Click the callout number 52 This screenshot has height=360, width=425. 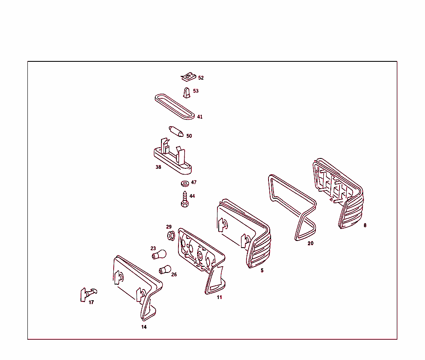[x=201, y=78]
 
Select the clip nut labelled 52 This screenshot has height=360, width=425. [x=188, y=77]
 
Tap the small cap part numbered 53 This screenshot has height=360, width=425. [x=186, y=92]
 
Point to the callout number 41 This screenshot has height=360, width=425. [x=200, y=117]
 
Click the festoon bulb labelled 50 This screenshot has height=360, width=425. [x=176, y=131]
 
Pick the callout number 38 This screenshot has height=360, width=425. [x=158, y=167]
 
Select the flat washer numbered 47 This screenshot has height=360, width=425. [x=185, y=184]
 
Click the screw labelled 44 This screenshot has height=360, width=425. [x=185, y=199]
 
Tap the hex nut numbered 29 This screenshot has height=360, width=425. [x=171, y=236]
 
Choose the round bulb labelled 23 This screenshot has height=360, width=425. [x=159, y=255]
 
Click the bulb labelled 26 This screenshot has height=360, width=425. [x=165, y=270]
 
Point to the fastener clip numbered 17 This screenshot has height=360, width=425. [x=88, y=294]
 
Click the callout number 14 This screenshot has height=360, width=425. [x=144, y=327]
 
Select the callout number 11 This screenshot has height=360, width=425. [x=219, y=297]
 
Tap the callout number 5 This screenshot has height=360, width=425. [x=262, y=270]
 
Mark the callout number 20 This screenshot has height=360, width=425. [x=310, y=243]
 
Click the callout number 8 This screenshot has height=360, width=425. [x=365, y=225]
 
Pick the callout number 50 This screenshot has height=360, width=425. [x=189, y=136]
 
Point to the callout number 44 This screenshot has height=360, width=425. [x=192, y=196]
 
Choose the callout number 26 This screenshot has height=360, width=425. [x=174, y=275]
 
